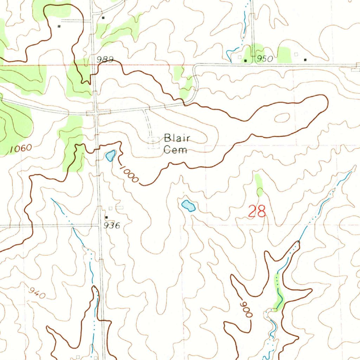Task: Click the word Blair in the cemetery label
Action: (177, 138)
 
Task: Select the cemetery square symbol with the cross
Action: (153, 142)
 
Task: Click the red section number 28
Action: (257, 211)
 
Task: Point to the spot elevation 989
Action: (105, 59)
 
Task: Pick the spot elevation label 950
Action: (264, 59)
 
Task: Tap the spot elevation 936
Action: (112, 226)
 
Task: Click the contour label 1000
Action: (128, 174)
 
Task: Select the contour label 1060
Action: (21, 149)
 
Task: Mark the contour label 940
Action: (37, 293)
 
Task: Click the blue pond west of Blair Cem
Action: (110, 155)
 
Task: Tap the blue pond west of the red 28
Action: (188, 205)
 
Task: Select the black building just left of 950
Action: (246, 60)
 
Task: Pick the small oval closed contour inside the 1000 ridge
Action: (282, 118)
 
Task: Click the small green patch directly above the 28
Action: (259, 185)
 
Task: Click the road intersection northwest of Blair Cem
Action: (96, 113)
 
